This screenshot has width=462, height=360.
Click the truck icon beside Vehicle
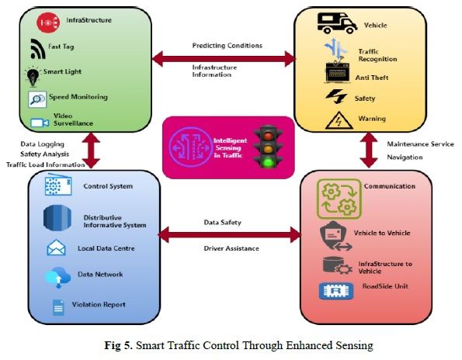(x=337, y=22)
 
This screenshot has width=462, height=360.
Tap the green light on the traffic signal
(x=268, y=162)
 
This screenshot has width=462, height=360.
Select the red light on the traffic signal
(x=268, y=136)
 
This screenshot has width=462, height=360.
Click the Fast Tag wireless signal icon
(x=38, y=49)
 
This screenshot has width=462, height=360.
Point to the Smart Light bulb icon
(x=33, y=77)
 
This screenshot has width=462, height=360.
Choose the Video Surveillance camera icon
(x=40, y=123)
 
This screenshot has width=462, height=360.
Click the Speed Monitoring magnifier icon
(x=37, y=99)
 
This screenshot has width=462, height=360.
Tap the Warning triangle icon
(x=339, y=120)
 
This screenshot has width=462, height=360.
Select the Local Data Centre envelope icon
(x=56, y=247)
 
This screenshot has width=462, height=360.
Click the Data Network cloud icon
(x=57, y=277)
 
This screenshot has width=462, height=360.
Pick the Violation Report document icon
(x=58, y=307)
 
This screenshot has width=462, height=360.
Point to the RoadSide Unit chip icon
(x=336, y=291)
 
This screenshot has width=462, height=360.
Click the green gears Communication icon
(x=339, y=199)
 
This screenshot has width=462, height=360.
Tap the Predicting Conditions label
(x=228, y=46)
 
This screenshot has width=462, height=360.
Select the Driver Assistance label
(x=231, y=248)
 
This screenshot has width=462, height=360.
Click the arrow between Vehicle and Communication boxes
(x=369, y=150)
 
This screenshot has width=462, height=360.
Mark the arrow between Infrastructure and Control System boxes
(x=91, y=151)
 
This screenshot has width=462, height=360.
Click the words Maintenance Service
(x=420, y=144)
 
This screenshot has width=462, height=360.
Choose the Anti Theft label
(x=372, y=78)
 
